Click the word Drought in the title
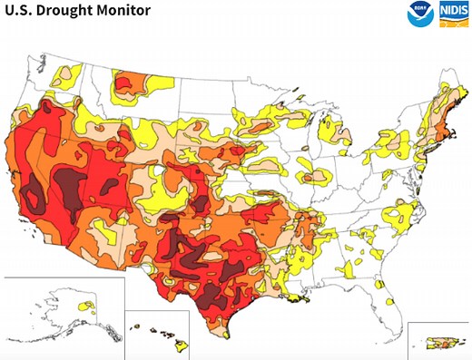click(x=68, y=11)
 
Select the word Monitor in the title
click(x=126, y=11)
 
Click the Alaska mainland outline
click(x=64, y=308)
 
